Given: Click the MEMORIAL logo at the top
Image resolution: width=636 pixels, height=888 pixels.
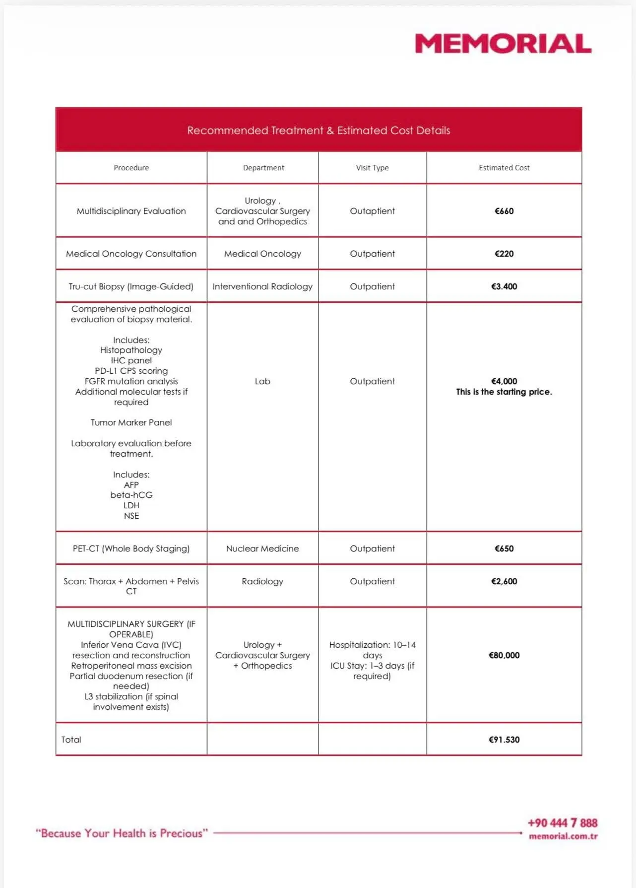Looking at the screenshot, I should (x=503, y=44).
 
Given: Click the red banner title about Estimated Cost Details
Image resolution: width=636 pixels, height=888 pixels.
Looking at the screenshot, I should (x=318, y=131).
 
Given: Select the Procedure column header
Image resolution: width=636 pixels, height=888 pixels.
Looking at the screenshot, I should (x=131, y=168).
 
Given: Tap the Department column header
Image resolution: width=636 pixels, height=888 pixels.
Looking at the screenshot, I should (x=263, y=168).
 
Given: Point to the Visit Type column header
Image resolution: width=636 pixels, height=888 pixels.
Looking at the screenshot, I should (x=372, y=168).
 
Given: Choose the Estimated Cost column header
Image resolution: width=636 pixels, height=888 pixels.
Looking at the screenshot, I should (x=504, y=168).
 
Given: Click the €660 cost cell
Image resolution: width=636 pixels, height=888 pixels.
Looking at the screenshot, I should (x=504, y=211).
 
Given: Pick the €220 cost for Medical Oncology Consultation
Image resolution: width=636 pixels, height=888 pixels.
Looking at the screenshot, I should (x=504, y=254).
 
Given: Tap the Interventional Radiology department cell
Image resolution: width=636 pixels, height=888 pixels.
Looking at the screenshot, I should (x=262, y=286).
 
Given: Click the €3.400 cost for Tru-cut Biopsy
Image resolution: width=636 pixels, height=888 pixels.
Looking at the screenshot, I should (x=504, y=286).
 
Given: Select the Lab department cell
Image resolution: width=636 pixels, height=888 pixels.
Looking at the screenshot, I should (x=262, y=381).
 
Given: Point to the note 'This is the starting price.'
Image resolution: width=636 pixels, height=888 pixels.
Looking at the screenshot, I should (x=504, y=392).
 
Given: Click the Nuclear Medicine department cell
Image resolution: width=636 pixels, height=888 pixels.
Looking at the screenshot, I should (x=262, y=548).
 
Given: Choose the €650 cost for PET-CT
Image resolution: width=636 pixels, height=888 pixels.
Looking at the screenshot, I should (x=504, y=548).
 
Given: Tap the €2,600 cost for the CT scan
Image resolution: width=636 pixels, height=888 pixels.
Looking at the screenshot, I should (x=504, y=581).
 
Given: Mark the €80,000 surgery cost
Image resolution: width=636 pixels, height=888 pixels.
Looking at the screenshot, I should (x=504, y=655).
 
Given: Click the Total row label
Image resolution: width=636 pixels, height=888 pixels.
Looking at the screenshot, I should (x=71, y=740).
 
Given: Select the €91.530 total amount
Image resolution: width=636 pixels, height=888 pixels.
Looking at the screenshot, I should (x=504, y=740).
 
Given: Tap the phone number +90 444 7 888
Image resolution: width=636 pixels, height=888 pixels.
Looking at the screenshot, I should (x=562, y=823).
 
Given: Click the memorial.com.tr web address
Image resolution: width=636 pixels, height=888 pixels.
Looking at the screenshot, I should (x=563, y=836).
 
